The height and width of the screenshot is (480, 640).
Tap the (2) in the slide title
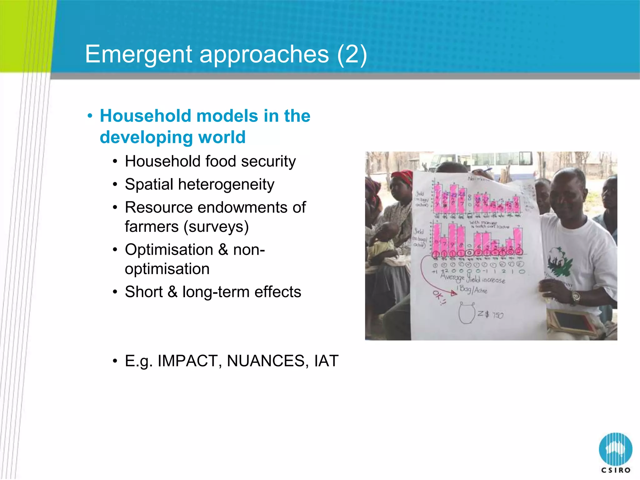tap(352, 54)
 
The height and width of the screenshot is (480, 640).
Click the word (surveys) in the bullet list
tap(216, 227)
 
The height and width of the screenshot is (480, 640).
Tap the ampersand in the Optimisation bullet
tap(223, 250)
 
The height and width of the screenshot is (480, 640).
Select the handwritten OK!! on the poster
tap(439, 297)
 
